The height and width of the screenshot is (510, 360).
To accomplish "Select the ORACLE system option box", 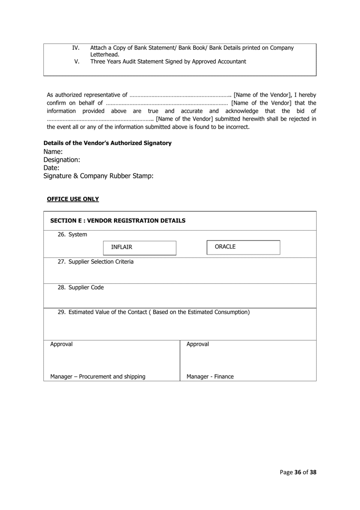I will (243, 247).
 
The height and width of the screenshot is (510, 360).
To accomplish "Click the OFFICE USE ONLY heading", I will (73, 199).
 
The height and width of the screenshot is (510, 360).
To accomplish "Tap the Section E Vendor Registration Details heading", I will (118, 220).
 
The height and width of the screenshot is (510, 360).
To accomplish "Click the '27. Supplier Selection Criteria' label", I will (96, 261).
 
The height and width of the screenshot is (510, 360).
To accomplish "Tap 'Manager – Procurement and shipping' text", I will (98, 377).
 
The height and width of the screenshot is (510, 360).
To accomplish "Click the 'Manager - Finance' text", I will (210, 377).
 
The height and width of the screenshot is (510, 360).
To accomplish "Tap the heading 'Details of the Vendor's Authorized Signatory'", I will (108, 143).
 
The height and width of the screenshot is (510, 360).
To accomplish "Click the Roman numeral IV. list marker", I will (76, 48).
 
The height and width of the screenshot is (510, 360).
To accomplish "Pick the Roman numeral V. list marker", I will (77, 61).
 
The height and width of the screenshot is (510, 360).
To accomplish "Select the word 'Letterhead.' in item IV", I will (105, 54).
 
